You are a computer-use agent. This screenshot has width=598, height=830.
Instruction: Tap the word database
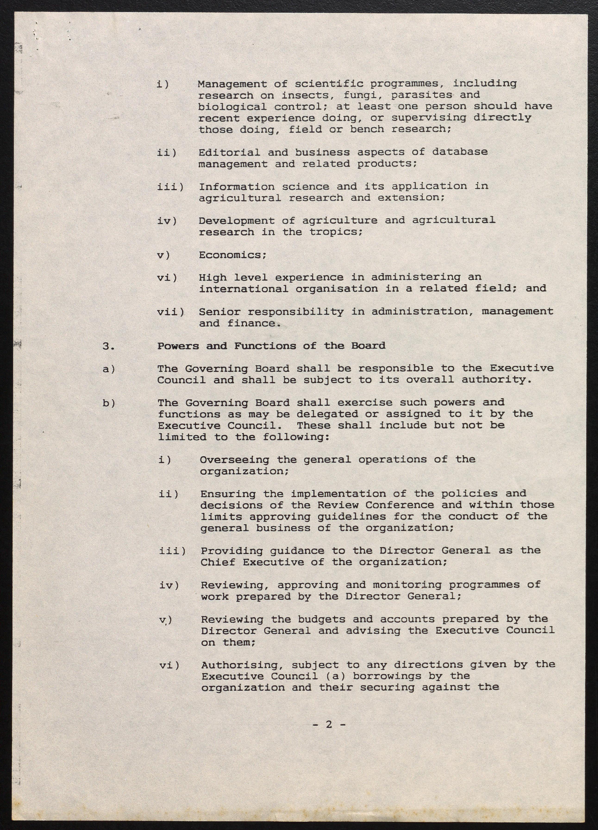coord(460,152)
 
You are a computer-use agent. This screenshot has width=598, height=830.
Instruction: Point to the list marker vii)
coord(170,312)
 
